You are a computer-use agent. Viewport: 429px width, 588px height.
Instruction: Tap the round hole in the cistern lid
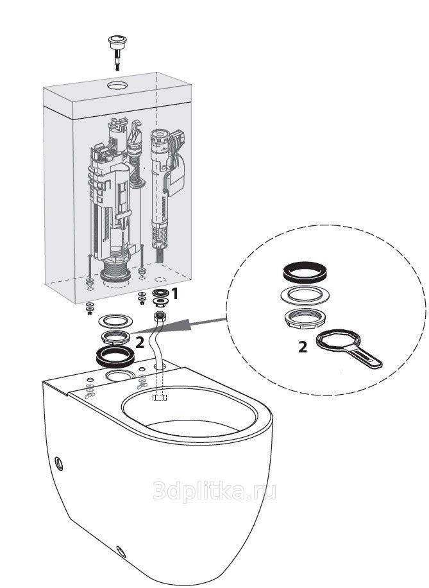117,85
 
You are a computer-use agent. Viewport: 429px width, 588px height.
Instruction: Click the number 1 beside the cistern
174,294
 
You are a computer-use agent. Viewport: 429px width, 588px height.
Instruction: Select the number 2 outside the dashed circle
139,342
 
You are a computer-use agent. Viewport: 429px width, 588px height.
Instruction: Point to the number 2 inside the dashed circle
303,347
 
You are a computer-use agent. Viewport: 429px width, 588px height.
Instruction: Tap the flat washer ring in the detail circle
305,295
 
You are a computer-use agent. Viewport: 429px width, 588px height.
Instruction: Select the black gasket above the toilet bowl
115,356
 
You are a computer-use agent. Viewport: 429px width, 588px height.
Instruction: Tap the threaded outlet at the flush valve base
116,273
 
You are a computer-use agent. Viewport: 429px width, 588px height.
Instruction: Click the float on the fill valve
176,177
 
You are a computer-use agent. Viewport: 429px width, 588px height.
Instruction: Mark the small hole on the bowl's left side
59,464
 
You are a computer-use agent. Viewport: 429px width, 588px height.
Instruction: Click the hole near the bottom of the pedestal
121,551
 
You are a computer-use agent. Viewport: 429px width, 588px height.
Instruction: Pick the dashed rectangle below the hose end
160,397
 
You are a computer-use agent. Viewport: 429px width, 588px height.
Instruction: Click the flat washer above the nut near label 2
115,321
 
